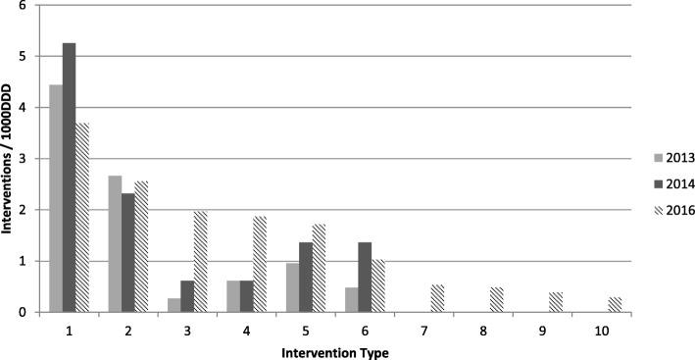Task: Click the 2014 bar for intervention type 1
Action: (x=69, y=178)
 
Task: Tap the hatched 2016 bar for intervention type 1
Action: (x=82, y=217)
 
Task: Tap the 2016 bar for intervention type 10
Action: (x=614, y=304)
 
